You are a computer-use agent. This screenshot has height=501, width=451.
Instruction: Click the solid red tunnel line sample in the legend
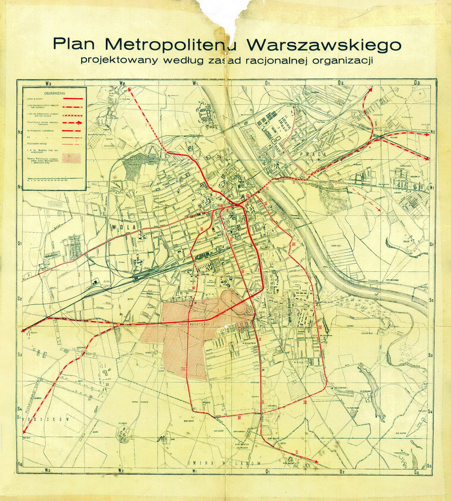tap(72, 99)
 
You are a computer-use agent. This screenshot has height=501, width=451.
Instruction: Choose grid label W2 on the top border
tap(121, 84)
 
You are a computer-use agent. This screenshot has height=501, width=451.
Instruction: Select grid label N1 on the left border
tap(19, 187)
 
